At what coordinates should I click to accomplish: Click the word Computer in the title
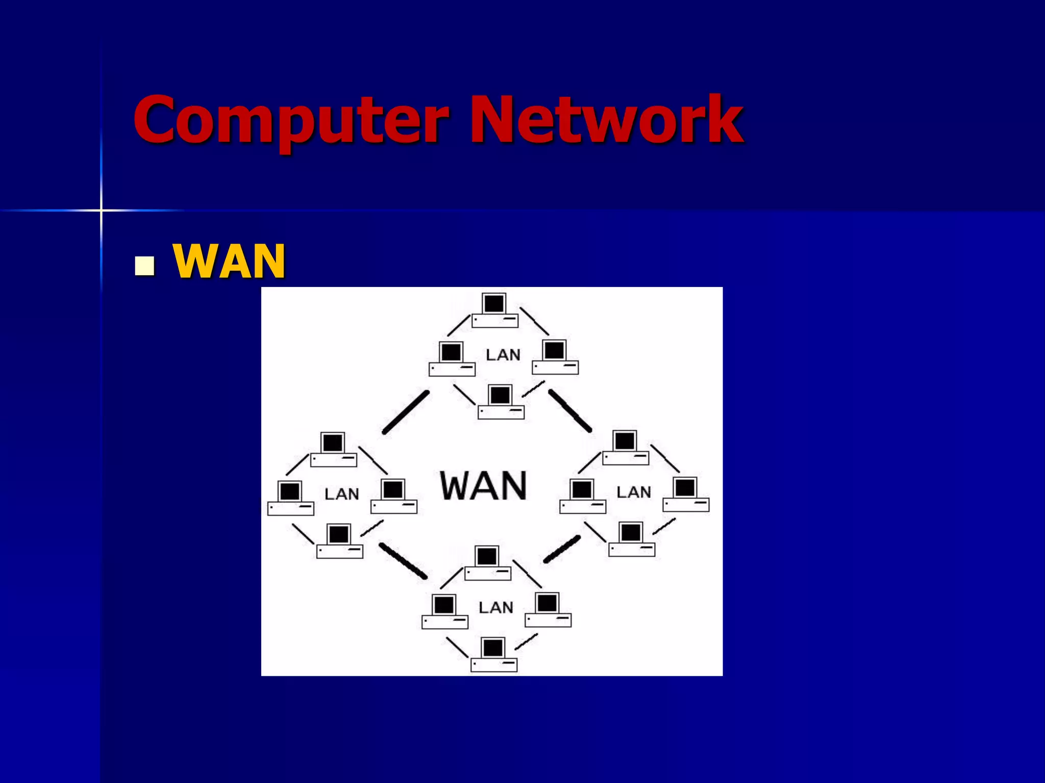291,120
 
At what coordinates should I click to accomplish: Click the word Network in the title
606,120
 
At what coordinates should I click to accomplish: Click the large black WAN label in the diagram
483,485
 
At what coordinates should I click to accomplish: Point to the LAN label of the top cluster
503,355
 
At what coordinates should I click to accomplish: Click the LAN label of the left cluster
342,493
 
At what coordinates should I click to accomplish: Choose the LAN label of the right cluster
634,492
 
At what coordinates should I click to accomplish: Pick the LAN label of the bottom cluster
496,607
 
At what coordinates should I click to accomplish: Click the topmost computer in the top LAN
494,310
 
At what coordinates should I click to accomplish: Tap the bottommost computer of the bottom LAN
493,655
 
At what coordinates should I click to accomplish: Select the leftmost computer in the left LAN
290,498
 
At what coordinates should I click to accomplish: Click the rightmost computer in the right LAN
686,494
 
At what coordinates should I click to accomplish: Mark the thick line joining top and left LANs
406,412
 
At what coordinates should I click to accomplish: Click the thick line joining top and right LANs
570,411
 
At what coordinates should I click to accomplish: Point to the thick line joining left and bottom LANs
403,561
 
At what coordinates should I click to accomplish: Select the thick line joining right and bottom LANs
562,549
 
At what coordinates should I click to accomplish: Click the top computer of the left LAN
333,449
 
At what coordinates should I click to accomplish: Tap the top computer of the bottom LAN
487,563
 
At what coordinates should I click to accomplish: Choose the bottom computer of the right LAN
632,539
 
